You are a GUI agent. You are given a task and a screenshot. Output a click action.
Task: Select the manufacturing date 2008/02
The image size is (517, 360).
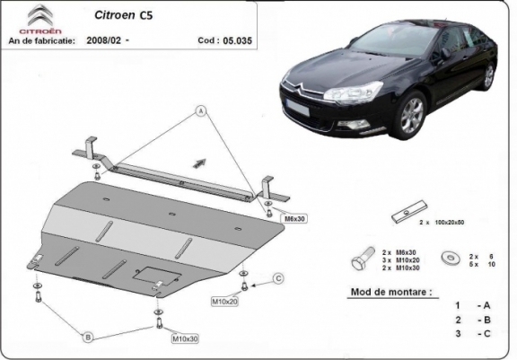[105, 41]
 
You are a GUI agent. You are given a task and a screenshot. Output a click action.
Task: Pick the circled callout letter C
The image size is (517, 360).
[277, 279]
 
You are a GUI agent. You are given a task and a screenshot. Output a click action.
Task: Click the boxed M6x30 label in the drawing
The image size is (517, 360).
[295, 218]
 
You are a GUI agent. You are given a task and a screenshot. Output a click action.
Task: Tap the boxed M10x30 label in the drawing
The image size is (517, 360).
[184, 339]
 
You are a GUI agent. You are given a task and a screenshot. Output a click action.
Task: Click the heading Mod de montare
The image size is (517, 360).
[388, 293]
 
